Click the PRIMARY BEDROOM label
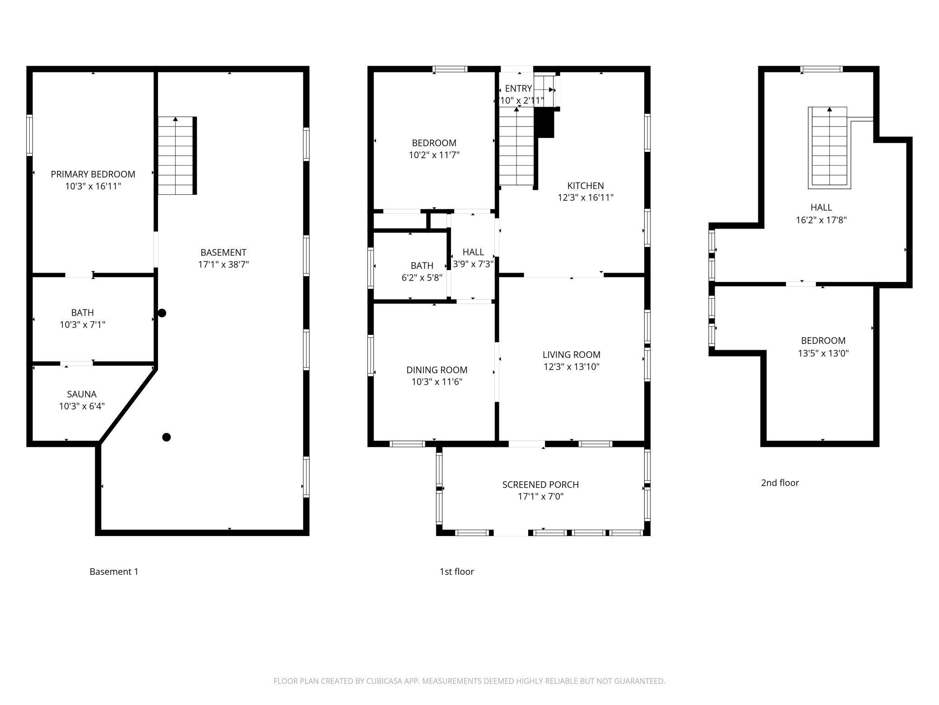(x=93, y=174)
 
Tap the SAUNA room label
(x=82, y=395)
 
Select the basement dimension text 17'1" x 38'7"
(x=223, y=264)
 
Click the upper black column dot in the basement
(x=162, y=313)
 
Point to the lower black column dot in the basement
(x=167, y=437)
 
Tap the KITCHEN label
(x=586, y=186)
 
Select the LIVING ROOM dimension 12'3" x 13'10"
(x=572, y=367)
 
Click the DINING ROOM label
(x=437, y=370)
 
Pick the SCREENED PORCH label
(x=540, y=485)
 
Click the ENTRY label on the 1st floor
(x=518, y=89)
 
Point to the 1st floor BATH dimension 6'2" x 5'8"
(x=422, y=278)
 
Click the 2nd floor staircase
(x=829, y=147)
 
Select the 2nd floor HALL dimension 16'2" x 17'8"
(x=821, y=220)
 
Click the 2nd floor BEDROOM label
(x=823, y=341)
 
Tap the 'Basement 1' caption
(x=114, y=572)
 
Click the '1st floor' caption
(x=457, y=572)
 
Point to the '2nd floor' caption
(x=780, y=483)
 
